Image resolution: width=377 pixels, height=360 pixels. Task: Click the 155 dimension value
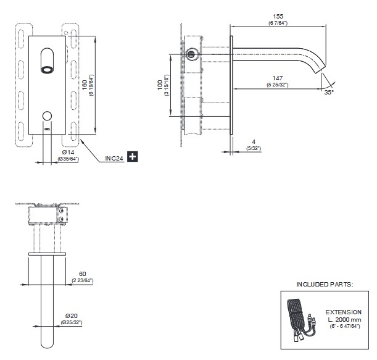coord(278,16)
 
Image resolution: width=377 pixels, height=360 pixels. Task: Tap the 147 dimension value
coord(278,78)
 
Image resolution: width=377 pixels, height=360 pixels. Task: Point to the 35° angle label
coord(329,92)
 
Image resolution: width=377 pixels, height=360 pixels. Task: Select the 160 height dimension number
coord(85,85)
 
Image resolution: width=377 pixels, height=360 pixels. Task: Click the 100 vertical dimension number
coord(160,85)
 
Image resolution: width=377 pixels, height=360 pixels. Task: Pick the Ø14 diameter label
coord(68,152)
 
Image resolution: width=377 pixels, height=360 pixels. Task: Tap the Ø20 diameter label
coord(72,316)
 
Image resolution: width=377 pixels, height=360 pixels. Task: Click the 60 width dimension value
coord(83,274)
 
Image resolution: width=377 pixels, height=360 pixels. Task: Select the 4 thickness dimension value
coord(254,142)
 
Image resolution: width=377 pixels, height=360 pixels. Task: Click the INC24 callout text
coord(114,158)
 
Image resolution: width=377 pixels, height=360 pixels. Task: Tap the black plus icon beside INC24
coord(133,157)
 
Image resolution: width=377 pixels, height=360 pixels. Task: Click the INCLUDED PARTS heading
coord(325,285)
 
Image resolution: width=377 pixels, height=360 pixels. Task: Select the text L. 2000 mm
coord(344,320)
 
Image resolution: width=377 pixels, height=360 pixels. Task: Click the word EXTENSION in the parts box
coord(344,312)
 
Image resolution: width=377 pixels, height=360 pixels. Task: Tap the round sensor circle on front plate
coord(47,115)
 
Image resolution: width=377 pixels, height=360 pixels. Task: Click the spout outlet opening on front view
coord(47,70)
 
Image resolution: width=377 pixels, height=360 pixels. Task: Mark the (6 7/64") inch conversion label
coord(278,23)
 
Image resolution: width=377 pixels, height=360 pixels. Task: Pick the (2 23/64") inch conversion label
coord(83,280)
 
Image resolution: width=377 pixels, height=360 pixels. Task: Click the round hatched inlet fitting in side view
coord(191,54)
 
